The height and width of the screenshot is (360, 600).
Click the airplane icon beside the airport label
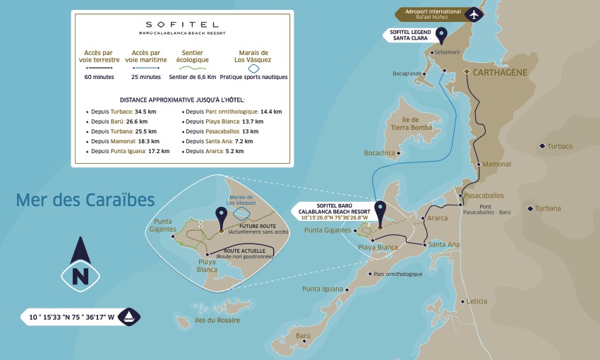[474, 13]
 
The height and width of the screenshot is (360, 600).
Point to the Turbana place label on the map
[548, 208]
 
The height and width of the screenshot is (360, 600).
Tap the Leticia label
[476, 301]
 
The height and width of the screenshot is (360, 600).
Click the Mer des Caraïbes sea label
[85, 200]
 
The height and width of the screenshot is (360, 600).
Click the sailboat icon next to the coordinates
[131, 317]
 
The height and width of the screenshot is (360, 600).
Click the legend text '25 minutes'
[146, 76]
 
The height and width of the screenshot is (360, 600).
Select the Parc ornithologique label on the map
[397, 274]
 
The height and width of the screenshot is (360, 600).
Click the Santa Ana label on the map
[443, 244]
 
